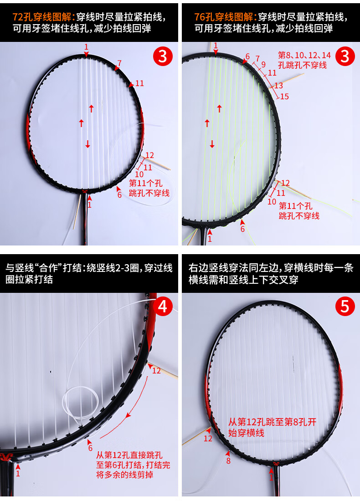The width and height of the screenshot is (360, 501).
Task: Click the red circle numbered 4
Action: (x=162, y=306)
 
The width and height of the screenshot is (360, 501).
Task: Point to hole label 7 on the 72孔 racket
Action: (x=119, y=63)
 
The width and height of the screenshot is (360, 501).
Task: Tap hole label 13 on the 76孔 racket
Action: (x=278, y=85)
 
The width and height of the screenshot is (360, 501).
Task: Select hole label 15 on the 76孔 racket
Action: (x=284, y=96)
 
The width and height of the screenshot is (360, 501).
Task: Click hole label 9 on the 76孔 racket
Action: (x=263, y=64)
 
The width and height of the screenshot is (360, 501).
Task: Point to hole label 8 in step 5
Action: (x=228, y=460)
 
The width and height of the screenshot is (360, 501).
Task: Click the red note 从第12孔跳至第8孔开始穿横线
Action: (x=272, y=427)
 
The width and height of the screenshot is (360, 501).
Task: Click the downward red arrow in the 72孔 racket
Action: (x=87, y=144)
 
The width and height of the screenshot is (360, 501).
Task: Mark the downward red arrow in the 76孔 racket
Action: (x=212, y=144)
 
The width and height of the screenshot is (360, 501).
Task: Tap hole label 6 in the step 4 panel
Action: (x=90, y=448)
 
